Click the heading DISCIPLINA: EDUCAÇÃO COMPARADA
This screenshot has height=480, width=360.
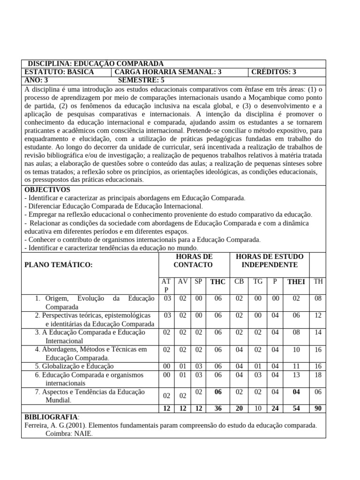click(96, 64)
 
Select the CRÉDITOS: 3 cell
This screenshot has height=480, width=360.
click(274, 72)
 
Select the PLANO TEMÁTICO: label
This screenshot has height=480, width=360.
click(59, 265)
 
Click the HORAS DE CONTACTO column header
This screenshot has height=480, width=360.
click(193, 261)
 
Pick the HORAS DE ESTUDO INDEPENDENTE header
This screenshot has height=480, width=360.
click(270, 261)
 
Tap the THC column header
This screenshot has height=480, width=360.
click(218, 282)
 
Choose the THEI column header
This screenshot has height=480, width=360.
click(296, 282)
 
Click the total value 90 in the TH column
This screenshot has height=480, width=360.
click(318, 408)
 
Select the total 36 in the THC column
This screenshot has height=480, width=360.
click(218, 408)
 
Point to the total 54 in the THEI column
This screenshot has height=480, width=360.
click(296, 408)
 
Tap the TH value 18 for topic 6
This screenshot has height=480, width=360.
click(318, 375)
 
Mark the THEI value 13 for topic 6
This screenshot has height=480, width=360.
click(296, 375)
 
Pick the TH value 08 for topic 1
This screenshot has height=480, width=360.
click(318, 298)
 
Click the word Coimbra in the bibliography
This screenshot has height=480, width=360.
click(58, 434)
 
